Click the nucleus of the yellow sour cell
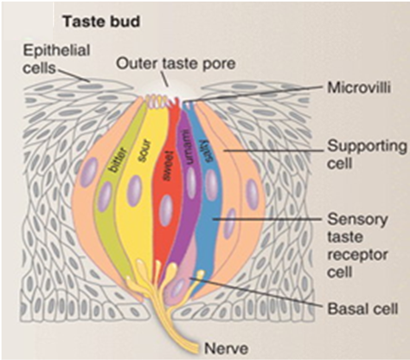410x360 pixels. (x=136, y=190)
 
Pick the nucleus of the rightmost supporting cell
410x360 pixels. (x=252, y=195)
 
